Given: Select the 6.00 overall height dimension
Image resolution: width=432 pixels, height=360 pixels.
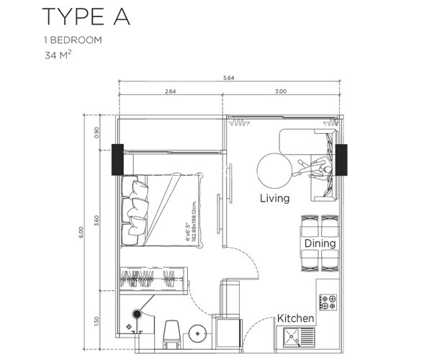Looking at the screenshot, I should (82, 230).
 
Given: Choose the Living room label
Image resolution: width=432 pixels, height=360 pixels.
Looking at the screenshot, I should (275, 198).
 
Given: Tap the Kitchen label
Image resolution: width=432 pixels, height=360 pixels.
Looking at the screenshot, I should (296, 318).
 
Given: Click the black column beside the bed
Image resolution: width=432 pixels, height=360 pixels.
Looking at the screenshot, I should (116, 161).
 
